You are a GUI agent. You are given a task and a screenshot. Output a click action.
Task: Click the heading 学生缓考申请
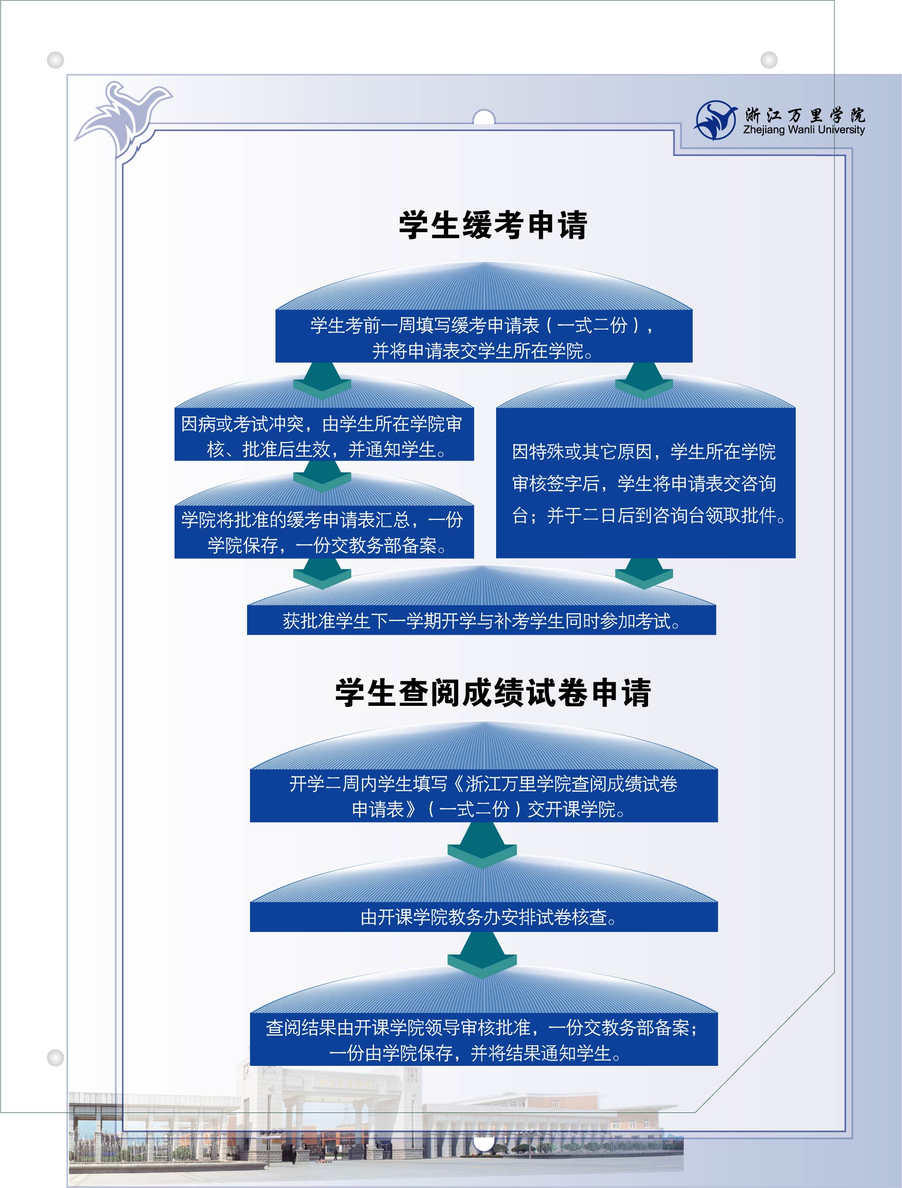coord(493,225)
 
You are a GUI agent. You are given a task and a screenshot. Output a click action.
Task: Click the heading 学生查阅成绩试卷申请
coord(493,692)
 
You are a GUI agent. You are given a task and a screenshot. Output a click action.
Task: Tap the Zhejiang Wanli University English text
coord(804,129)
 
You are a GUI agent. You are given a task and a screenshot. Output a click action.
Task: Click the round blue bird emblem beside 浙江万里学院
coord(716,120)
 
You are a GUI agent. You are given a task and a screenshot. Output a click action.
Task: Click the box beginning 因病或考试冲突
coord(324,435)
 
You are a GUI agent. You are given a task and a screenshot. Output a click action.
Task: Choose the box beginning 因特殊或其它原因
coord(645,483)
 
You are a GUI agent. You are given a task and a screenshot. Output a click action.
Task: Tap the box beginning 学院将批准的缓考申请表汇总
coord(324,532)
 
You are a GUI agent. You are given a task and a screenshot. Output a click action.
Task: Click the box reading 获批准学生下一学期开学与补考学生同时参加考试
coord(481,620)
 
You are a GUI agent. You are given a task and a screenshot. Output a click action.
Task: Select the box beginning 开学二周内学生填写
coord(484,796)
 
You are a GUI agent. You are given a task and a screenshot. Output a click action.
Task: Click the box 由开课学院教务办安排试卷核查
coord(484,917)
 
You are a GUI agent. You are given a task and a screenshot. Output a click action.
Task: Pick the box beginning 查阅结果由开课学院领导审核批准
coord(484,1040)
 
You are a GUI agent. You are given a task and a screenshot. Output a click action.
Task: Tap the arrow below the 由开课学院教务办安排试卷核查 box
coord(481,955)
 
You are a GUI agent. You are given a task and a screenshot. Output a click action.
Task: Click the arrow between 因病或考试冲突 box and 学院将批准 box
coord(322,476)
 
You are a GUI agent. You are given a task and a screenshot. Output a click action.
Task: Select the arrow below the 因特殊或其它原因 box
coord(644,573)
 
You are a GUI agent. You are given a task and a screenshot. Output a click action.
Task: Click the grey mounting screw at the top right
coord(769,60)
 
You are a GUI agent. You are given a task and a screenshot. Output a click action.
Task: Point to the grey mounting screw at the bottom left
coord(55,1058)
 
